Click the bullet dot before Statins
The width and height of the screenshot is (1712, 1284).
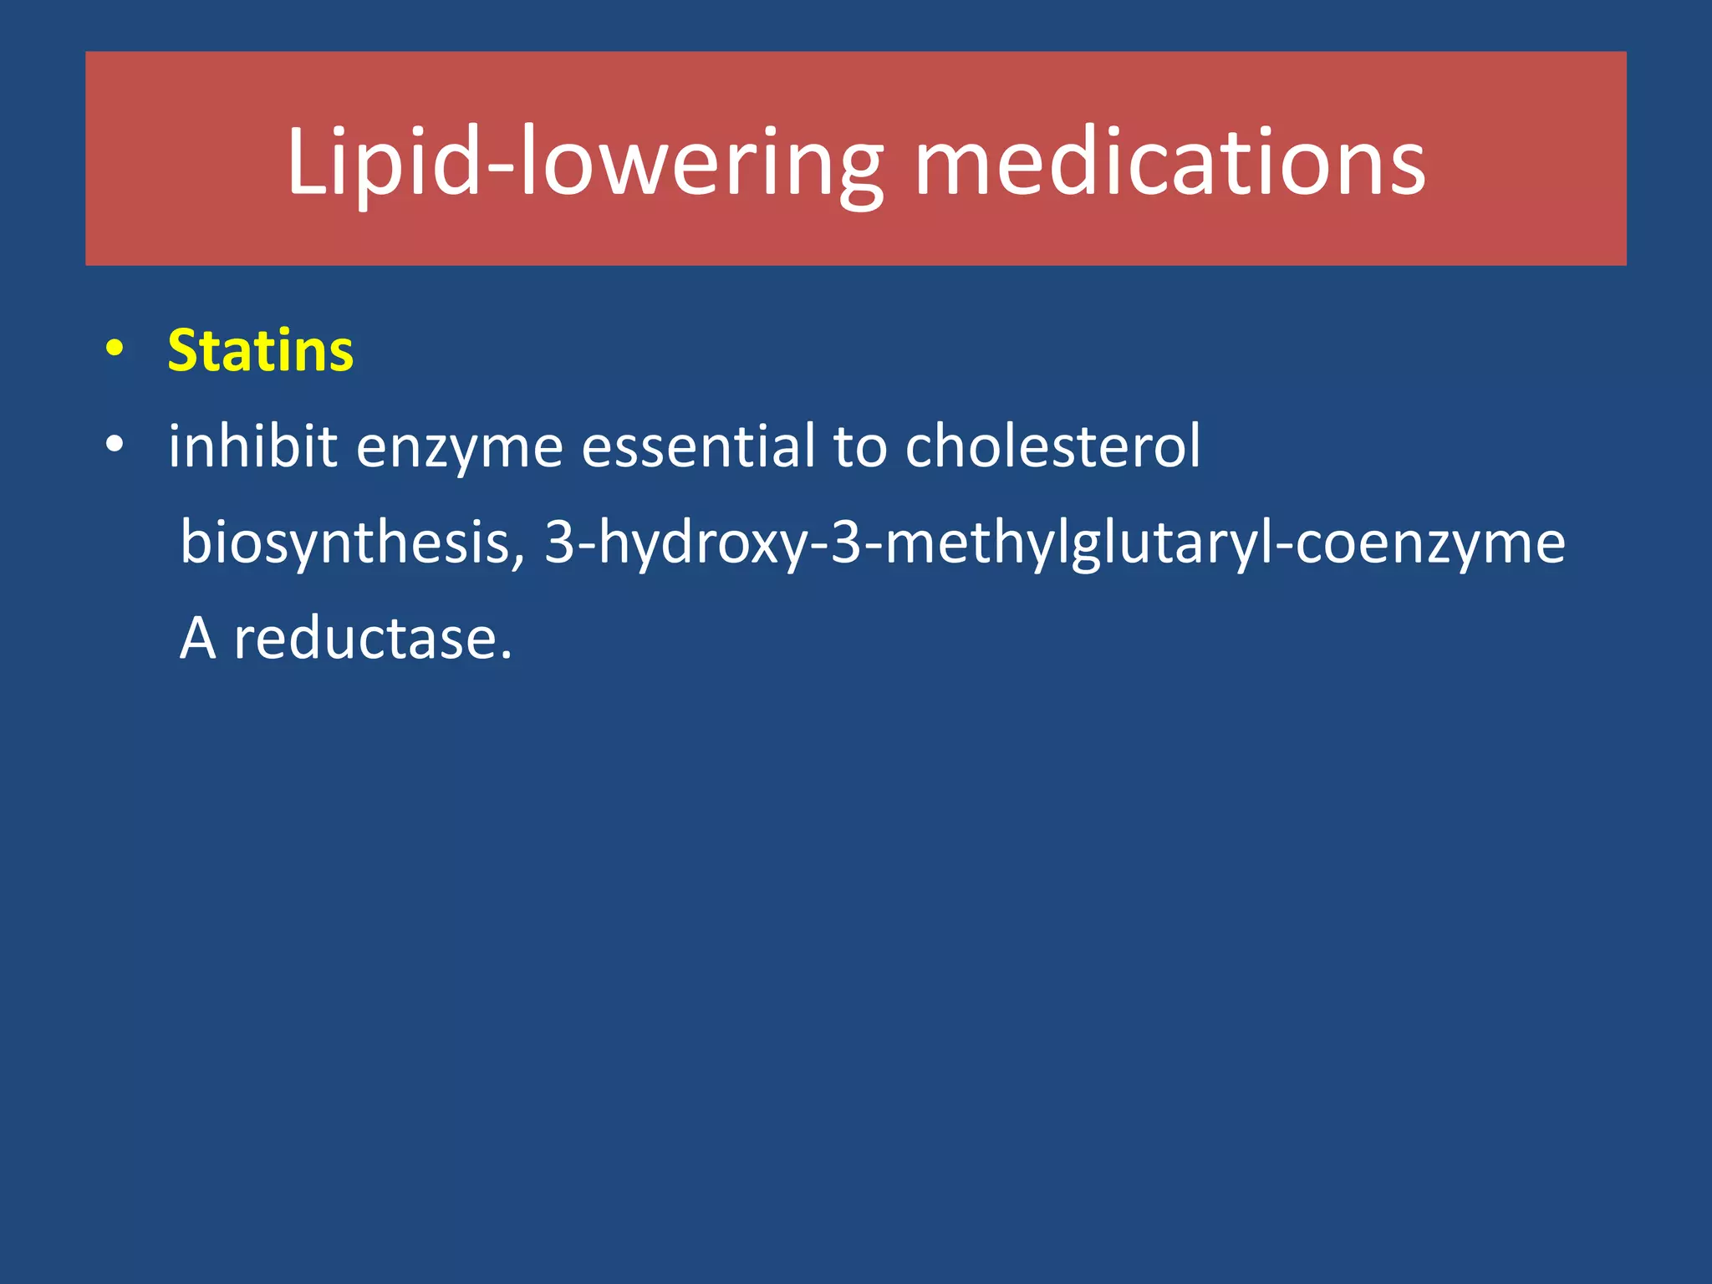[115, 349]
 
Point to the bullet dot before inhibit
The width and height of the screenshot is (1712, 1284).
[115, 445]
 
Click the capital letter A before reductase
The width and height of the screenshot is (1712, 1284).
[198, 639]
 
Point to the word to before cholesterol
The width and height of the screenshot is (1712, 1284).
[860, 446]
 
